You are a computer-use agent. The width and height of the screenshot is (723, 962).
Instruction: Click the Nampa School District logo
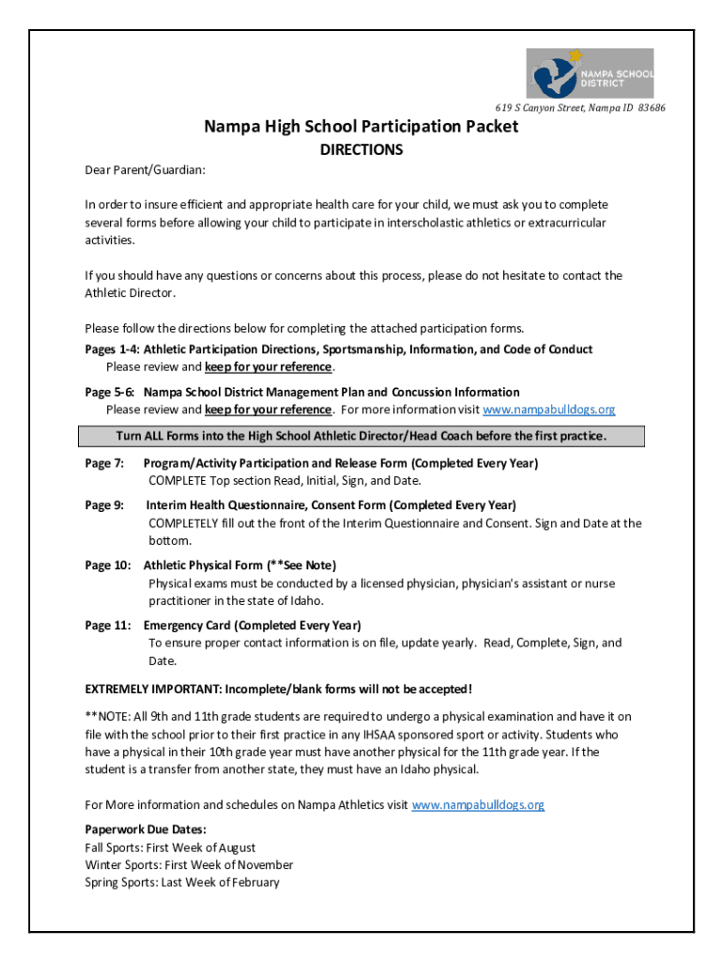(589, 73)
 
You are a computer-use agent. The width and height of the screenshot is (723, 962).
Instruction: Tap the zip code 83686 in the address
(652, 108)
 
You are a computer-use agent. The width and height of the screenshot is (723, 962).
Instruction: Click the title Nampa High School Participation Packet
(361, 126)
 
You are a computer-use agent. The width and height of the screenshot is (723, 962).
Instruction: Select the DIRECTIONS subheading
(361, 149)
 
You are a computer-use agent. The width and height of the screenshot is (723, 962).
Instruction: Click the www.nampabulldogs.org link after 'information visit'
(548, 410)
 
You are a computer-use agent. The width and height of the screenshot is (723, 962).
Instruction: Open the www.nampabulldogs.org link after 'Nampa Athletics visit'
(478, 805)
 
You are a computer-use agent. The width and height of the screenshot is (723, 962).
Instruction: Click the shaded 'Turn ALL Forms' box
(361, 436)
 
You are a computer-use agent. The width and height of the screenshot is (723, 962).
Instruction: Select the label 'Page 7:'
(104, 463)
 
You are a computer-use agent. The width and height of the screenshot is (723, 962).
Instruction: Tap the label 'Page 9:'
(104, 505)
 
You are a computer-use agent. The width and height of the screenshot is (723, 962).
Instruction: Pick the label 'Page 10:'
(107, 566)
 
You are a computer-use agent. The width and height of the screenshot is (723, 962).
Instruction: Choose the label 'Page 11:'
(107, 626)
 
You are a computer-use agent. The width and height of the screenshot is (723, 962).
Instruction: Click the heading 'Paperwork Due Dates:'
(146, 830)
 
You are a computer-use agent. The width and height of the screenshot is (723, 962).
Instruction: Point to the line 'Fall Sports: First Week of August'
(170, 847)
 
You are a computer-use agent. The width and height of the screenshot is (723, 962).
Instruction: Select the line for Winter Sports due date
(189, 864)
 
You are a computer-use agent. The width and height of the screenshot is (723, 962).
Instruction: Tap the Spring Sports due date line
(182, 882)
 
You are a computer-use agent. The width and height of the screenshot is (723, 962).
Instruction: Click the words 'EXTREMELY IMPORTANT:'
(149, 688)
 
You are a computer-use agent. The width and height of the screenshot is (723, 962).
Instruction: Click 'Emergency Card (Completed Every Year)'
(253, 626)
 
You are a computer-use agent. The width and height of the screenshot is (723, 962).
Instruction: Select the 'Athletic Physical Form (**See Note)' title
(239, 566)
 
